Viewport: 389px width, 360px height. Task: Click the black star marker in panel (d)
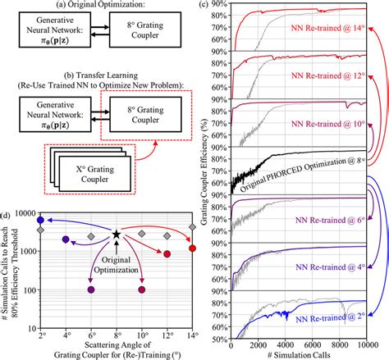(x=117, y=235)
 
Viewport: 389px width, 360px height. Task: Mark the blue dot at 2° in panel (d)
(x=40, y=221)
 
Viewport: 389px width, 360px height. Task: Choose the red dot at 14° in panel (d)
(x=192, y=248)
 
